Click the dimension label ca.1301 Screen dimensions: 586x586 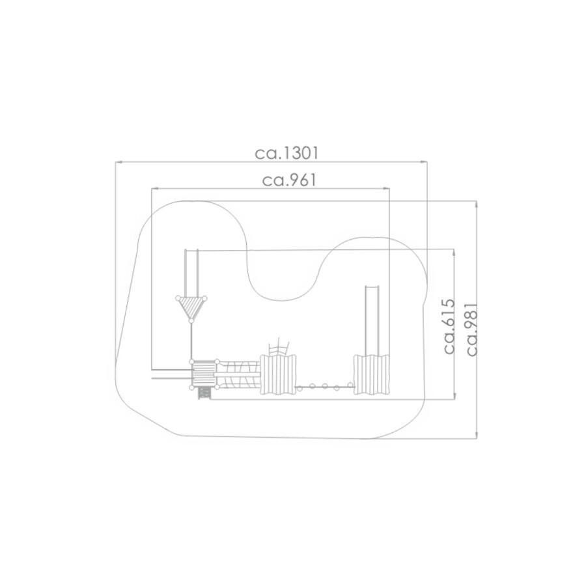[286, 153]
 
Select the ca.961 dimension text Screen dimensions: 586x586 [289, 180]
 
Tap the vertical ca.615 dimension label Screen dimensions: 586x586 [449, 326]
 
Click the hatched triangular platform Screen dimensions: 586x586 [191, 307]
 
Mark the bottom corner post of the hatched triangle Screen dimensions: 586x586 [191, 320]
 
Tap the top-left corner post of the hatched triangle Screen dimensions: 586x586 [178, 298]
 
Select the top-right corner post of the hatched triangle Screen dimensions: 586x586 [204, 298]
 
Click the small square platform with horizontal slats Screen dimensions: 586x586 [204, 374]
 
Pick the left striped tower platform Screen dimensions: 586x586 [277, 374]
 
